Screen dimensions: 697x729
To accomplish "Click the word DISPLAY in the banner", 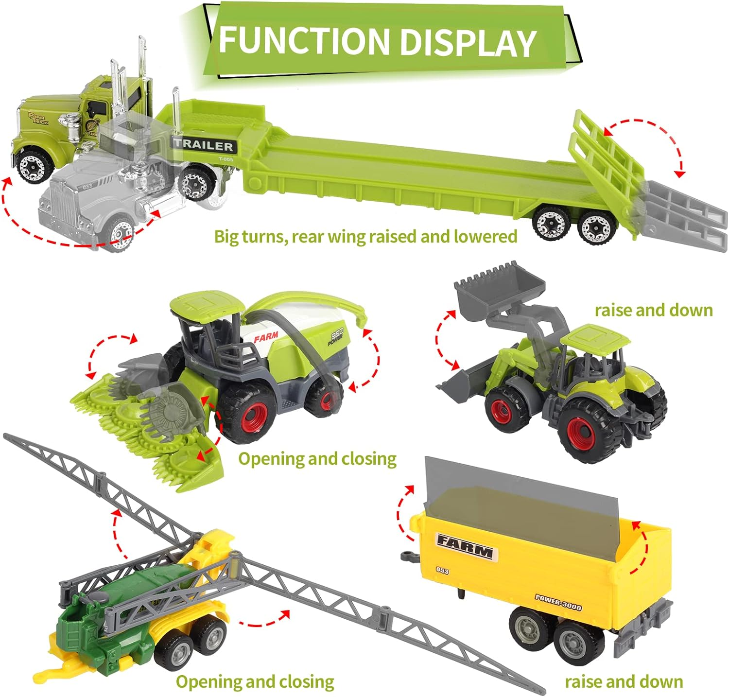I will tap(468, 42).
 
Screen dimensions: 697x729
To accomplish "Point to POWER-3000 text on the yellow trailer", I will tap(558, 602).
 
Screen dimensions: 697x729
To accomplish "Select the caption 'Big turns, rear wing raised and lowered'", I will tap(365, 237).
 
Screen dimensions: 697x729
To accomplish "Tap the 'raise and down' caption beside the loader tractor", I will tap(653, 310).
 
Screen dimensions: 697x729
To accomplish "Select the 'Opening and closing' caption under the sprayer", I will tap(255, 681).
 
